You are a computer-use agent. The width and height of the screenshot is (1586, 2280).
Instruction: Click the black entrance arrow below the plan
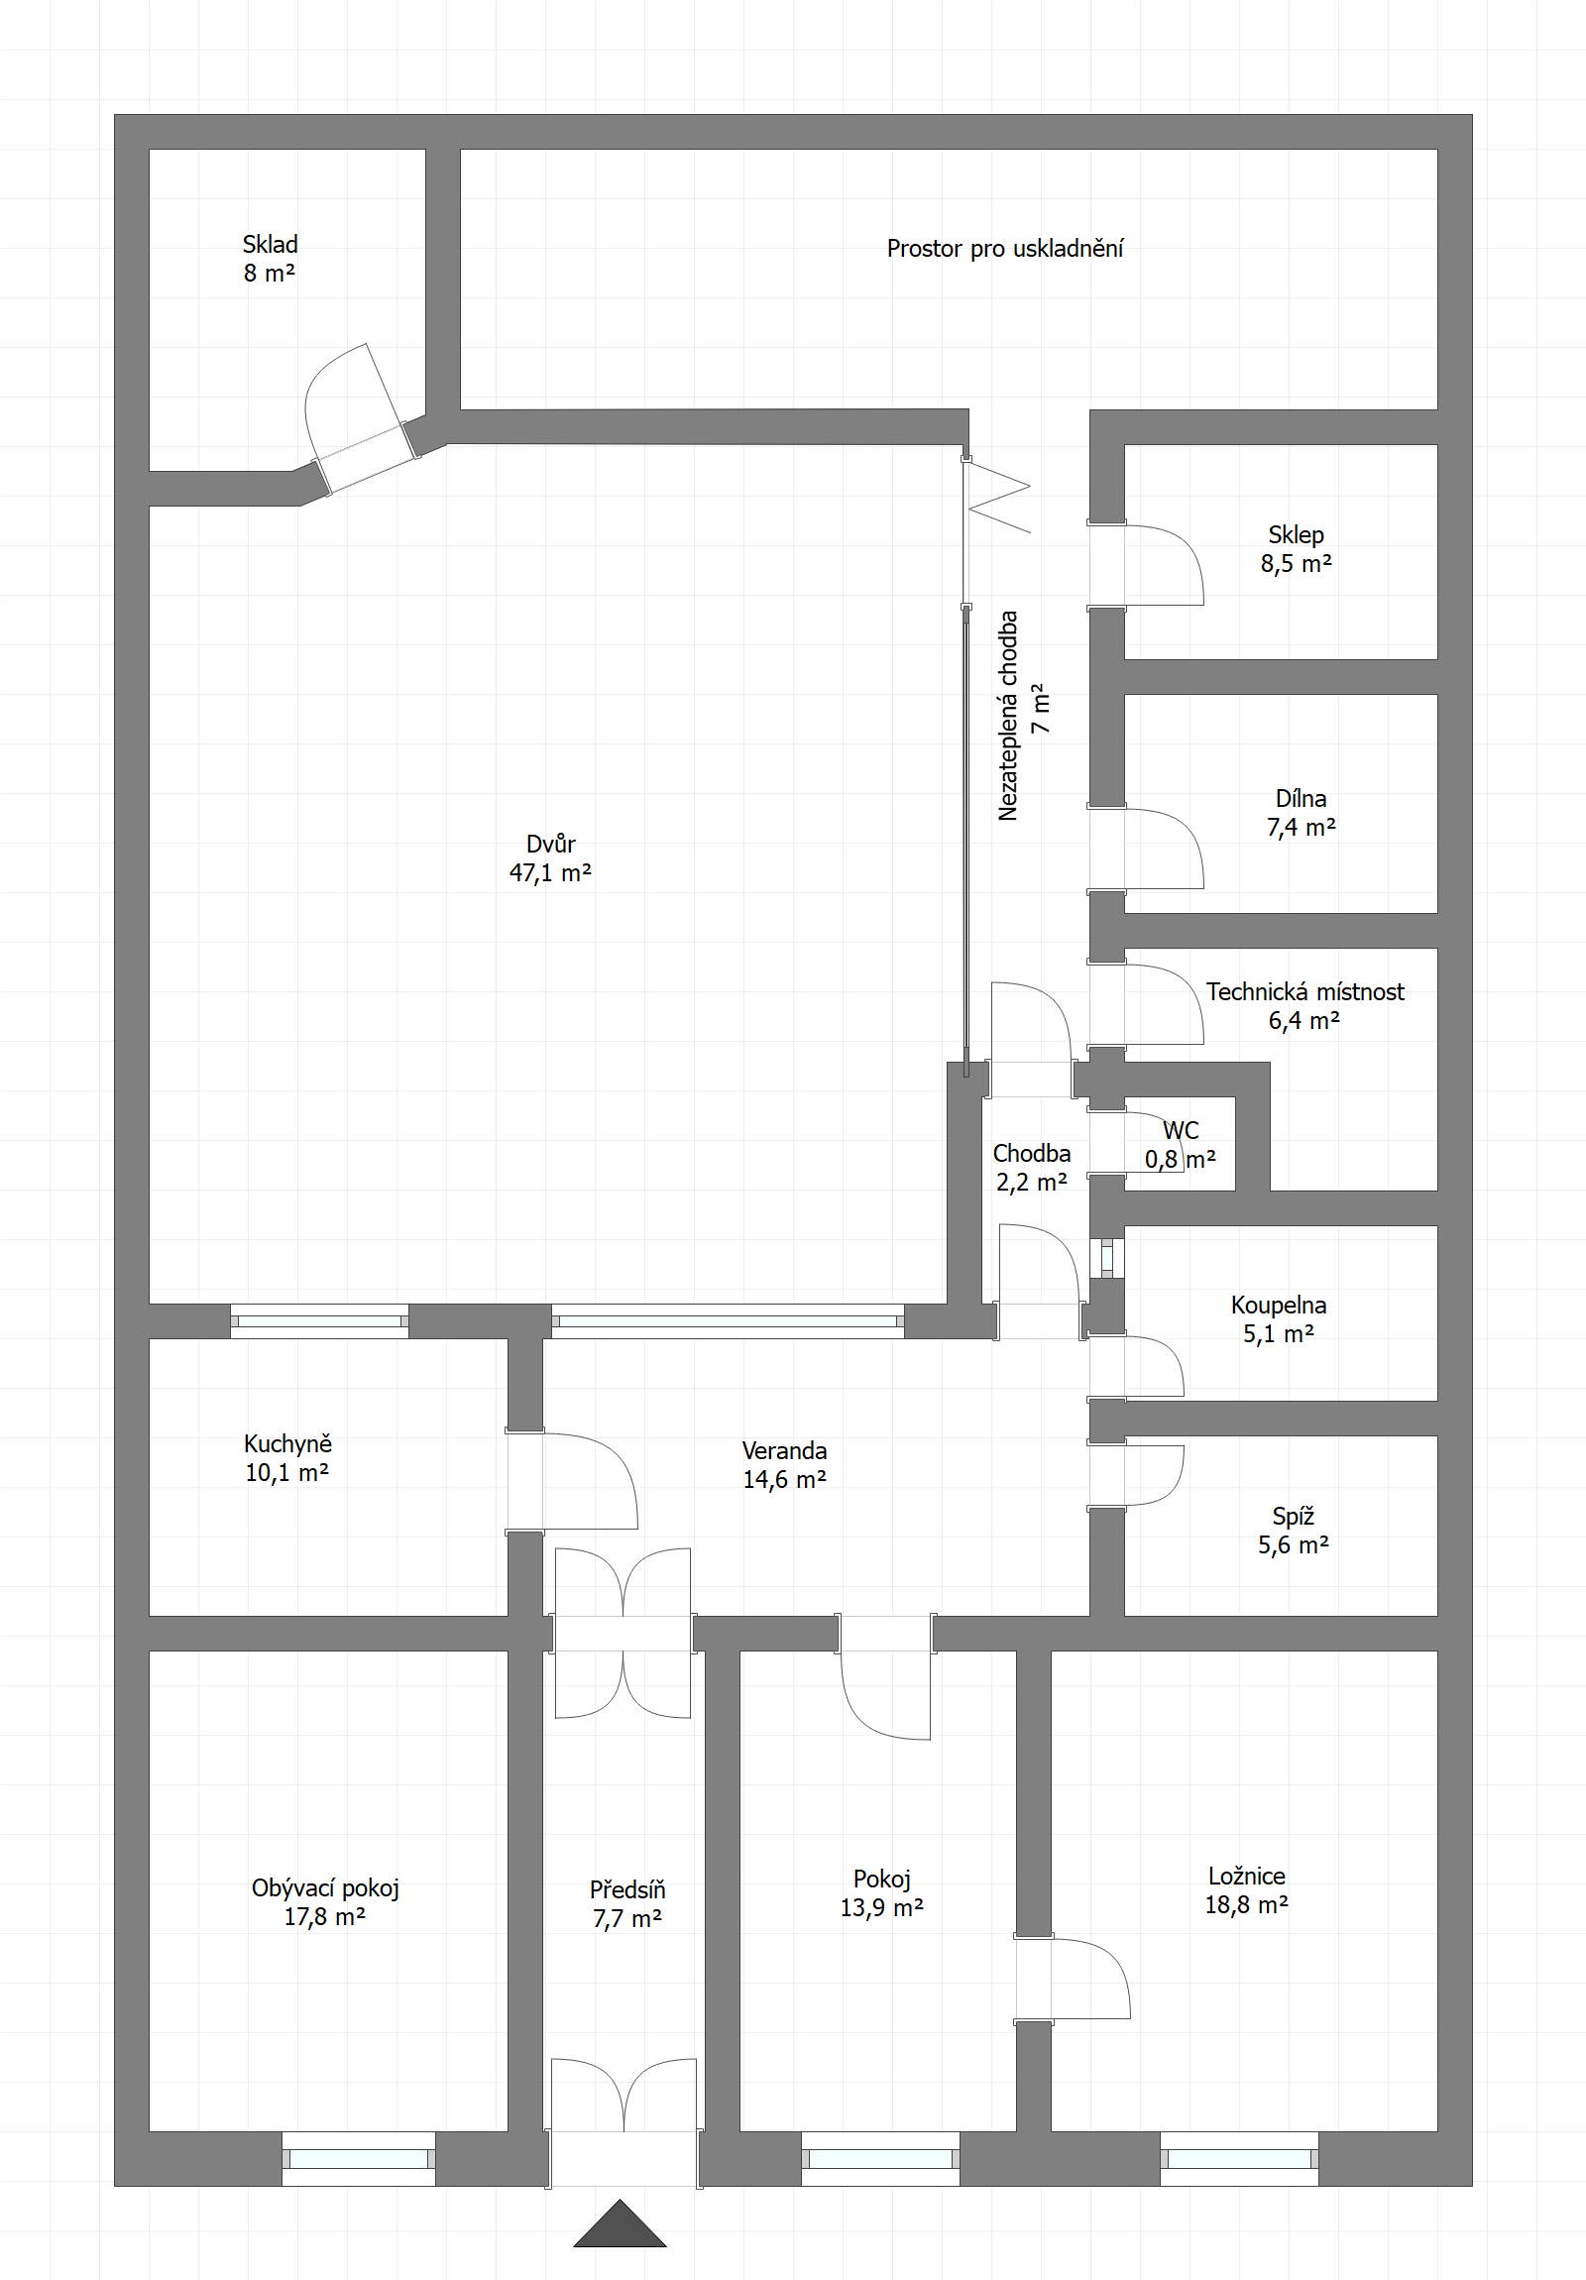click(620, 2225)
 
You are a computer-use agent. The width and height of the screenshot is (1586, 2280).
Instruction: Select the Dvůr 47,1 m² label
click(550, 858)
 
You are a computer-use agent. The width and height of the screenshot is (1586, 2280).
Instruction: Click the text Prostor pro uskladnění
click(1005, 248)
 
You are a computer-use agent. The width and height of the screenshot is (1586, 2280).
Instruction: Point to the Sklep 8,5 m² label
click(1296, 549)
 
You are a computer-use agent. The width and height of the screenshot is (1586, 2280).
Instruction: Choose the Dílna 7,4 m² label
click(1301, 812)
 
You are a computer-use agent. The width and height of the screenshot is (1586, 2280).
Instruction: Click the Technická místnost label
click(1304, 991)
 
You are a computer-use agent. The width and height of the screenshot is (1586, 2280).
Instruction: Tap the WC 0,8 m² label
click(1180, 1144)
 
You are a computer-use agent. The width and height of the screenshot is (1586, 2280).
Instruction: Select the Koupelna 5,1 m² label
click(1278, 1318)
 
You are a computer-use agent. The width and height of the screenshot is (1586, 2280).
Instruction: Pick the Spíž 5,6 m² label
click(1293, 1531)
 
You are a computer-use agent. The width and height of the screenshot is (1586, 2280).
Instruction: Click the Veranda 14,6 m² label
click(784, 1465)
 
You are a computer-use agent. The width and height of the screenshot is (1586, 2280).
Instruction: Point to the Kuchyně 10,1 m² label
click(288, 1458)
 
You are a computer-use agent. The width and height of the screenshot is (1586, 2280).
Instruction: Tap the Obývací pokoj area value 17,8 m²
click(325, 1916)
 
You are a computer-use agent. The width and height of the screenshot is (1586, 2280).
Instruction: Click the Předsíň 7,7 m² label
click(627, 1903)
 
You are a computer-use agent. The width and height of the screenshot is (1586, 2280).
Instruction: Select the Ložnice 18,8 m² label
click(1246, 1889)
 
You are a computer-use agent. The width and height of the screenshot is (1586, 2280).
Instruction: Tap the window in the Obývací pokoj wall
click(359, 2159)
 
